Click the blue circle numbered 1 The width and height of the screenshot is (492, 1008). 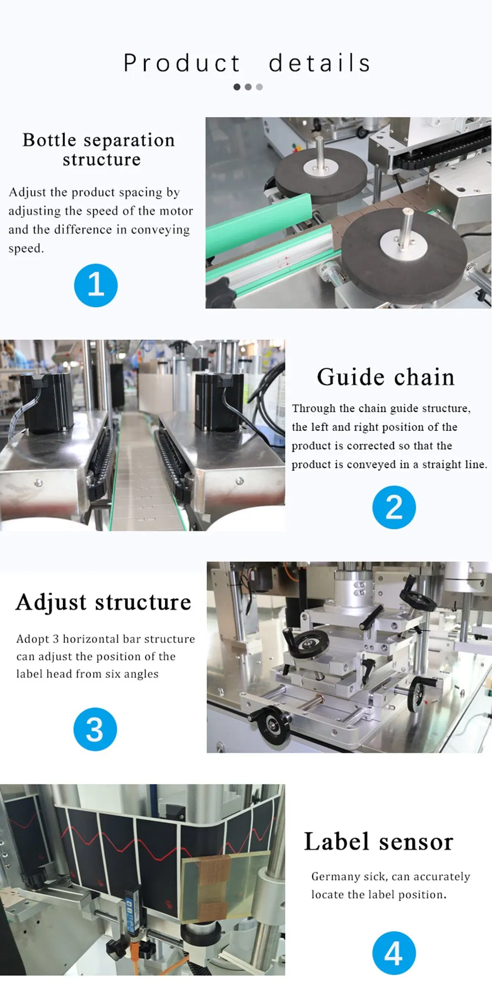point(95,285)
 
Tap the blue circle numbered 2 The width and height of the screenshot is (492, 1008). point(394,507)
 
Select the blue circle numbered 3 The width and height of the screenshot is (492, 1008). point(95,729)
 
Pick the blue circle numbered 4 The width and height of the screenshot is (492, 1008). point(394,953)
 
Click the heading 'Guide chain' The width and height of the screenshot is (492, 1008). point(385,377)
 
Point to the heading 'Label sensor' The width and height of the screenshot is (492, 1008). point(378,841)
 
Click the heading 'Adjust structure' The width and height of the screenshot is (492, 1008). point(103,602)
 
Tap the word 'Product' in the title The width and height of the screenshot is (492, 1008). point(182,63)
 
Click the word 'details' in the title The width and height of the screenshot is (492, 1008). point(320,63)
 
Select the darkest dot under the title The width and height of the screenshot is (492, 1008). point(237,87)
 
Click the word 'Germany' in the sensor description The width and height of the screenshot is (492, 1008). point(336,877)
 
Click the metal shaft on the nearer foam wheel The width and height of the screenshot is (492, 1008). point(406,228)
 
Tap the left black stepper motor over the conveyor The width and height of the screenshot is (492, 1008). point(47,399)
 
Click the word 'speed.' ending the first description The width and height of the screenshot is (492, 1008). point(26,248)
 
